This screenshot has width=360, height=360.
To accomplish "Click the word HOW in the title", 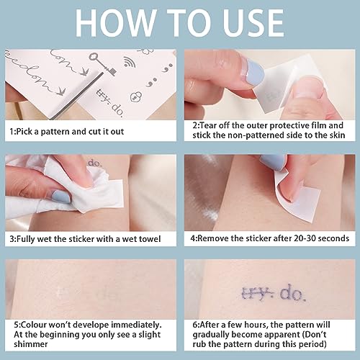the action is coord(115,23).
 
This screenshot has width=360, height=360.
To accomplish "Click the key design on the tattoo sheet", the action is coord(102,63).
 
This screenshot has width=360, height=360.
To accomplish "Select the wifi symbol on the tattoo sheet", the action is coord(130,62).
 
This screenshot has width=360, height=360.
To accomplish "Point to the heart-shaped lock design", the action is coord(135,96).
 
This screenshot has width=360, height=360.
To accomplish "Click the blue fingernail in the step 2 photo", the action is coord(255,72).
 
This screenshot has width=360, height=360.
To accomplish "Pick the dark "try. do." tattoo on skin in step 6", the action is coord(274,292).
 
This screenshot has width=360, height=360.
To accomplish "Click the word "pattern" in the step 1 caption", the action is coord(55,132).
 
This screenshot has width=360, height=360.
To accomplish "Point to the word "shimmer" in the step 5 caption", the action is coord(31,344).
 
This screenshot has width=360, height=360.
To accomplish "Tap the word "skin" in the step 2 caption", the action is coord(337,135).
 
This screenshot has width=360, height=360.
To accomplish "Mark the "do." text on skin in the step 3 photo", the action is coord(95,163).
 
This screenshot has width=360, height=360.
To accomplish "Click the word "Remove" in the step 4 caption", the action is coord(212,238).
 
